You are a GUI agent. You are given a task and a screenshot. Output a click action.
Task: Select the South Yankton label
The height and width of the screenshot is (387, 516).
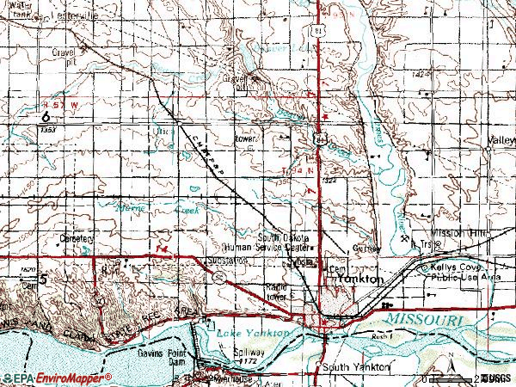353,367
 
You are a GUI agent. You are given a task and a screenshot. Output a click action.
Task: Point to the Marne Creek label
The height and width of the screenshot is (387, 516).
151,208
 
